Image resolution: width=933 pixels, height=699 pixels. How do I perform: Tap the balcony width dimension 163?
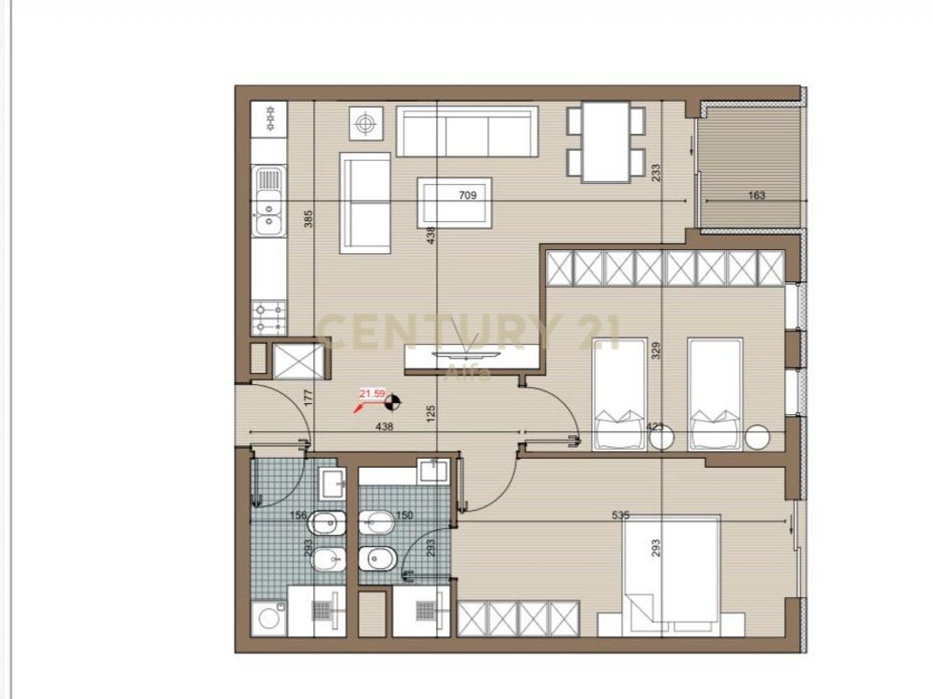(x=755, y=195)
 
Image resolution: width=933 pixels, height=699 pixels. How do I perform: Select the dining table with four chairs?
(x=606, y=142)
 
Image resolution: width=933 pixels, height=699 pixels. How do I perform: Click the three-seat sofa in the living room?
(x=467, y=132)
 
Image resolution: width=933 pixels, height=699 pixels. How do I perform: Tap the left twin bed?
(x=620, y=394)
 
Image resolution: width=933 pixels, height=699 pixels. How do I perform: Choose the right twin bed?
(x=715, y=394)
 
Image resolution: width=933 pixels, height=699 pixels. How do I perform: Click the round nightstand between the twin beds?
(x=661, y=438)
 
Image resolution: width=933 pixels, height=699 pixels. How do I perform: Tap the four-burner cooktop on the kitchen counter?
(x=269, y=317)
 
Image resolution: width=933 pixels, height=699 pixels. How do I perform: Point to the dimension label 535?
(x=620, y=515)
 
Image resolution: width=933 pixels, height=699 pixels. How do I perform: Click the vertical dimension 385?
(x=308, y=218)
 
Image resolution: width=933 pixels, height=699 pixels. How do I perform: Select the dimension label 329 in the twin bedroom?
(x=654, y=351)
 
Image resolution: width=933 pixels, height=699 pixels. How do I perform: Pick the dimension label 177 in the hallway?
(x=308, y=397)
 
